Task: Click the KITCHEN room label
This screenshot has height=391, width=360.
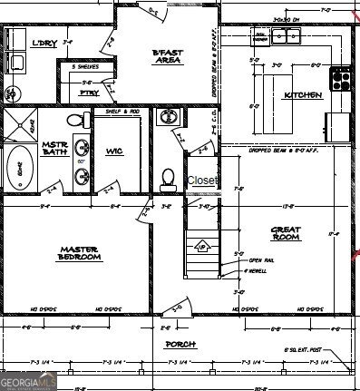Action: point(303,94)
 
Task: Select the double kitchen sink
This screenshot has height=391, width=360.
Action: point(287,36)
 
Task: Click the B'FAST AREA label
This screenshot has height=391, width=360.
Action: point(170,58)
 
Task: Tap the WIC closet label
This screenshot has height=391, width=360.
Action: point(115,150)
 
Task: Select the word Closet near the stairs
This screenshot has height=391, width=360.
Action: point(202,181)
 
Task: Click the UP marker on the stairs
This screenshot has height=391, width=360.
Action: point(202,246)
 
